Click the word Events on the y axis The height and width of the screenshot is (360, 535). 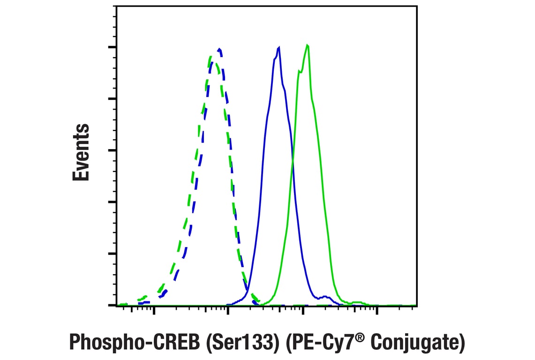click(x=81, y=152)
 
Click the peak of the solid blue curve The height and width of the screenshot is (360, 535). click(x=279, y=47)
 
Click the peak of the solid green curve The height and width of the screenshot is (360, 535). click(x=307, y=45)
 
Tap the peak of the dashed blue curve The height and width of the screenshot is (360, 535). click(x=219, y=49)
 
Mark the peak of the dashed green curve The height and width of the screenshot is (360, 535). click(x=211, y=57)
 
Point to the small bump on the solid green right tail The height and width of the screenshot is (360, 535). click(x=357, y=301)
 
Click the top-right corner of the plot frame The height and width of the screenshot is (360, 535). click(x=416, y=6)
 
